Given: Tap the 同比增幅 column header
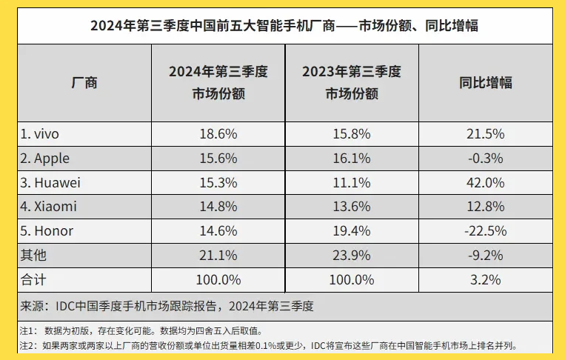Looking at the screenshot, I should point(486,83).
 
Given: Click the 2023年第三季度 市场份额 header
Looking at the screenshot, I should point(352,83).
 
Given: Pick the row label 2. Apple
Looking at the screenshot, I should point(45,159).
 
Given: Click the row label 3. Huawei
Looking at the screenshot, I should point(50,182).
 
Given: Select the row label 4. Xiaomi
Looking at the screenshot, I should point(48,207).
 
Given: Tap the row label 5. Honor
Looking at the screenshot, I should point(47,231).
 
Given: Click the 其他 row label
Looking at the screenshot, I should point(33,255).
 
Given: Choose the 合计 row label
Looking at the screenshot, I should point(33,279).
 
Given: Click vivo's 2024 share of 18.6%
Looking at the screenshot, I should point(218,134).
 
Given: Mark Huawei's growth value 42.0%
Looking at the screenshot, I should point(486,182).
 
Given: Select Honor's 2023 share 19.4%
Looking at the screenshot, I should point(352,231).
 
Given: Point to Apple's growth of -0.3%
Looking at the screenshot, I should point(486,159).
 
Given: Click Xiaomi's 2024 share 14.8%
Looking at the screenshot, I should point(218,207).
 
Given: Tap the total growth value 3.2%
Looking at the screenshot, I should point(486,279).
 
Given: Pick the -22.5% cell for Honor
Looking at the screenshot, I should point(486,231).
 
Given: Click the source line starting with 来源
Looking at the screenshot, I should point(167,305).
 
